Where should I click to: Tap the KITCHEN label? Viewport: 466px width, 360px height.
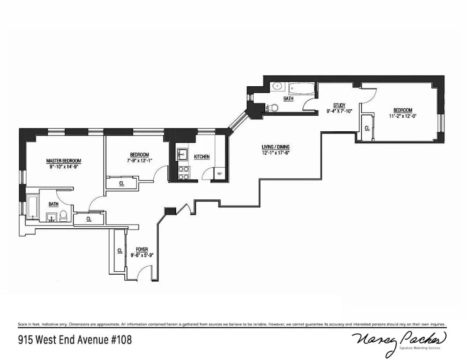[x=202, y=157]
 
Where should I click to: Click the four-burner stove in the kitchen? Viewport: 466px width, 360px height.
[x=184, y=173]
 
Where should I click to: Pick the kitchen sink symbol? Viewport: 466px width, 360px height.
[x=182, y=154]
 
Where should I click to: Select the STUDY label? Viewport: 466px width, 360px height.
[x=339, y=105]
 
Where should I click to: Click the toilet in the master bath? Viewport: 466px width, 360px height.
[x=63, y=215]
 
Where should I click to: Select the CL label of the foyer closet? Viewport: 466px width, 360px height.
[x=120, y=251]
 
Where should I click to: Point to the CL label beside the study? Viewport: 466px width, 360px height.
[x=367, y=127]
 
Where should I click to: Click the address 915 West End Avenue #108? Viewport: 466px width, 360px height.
[x=75, y=338]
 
